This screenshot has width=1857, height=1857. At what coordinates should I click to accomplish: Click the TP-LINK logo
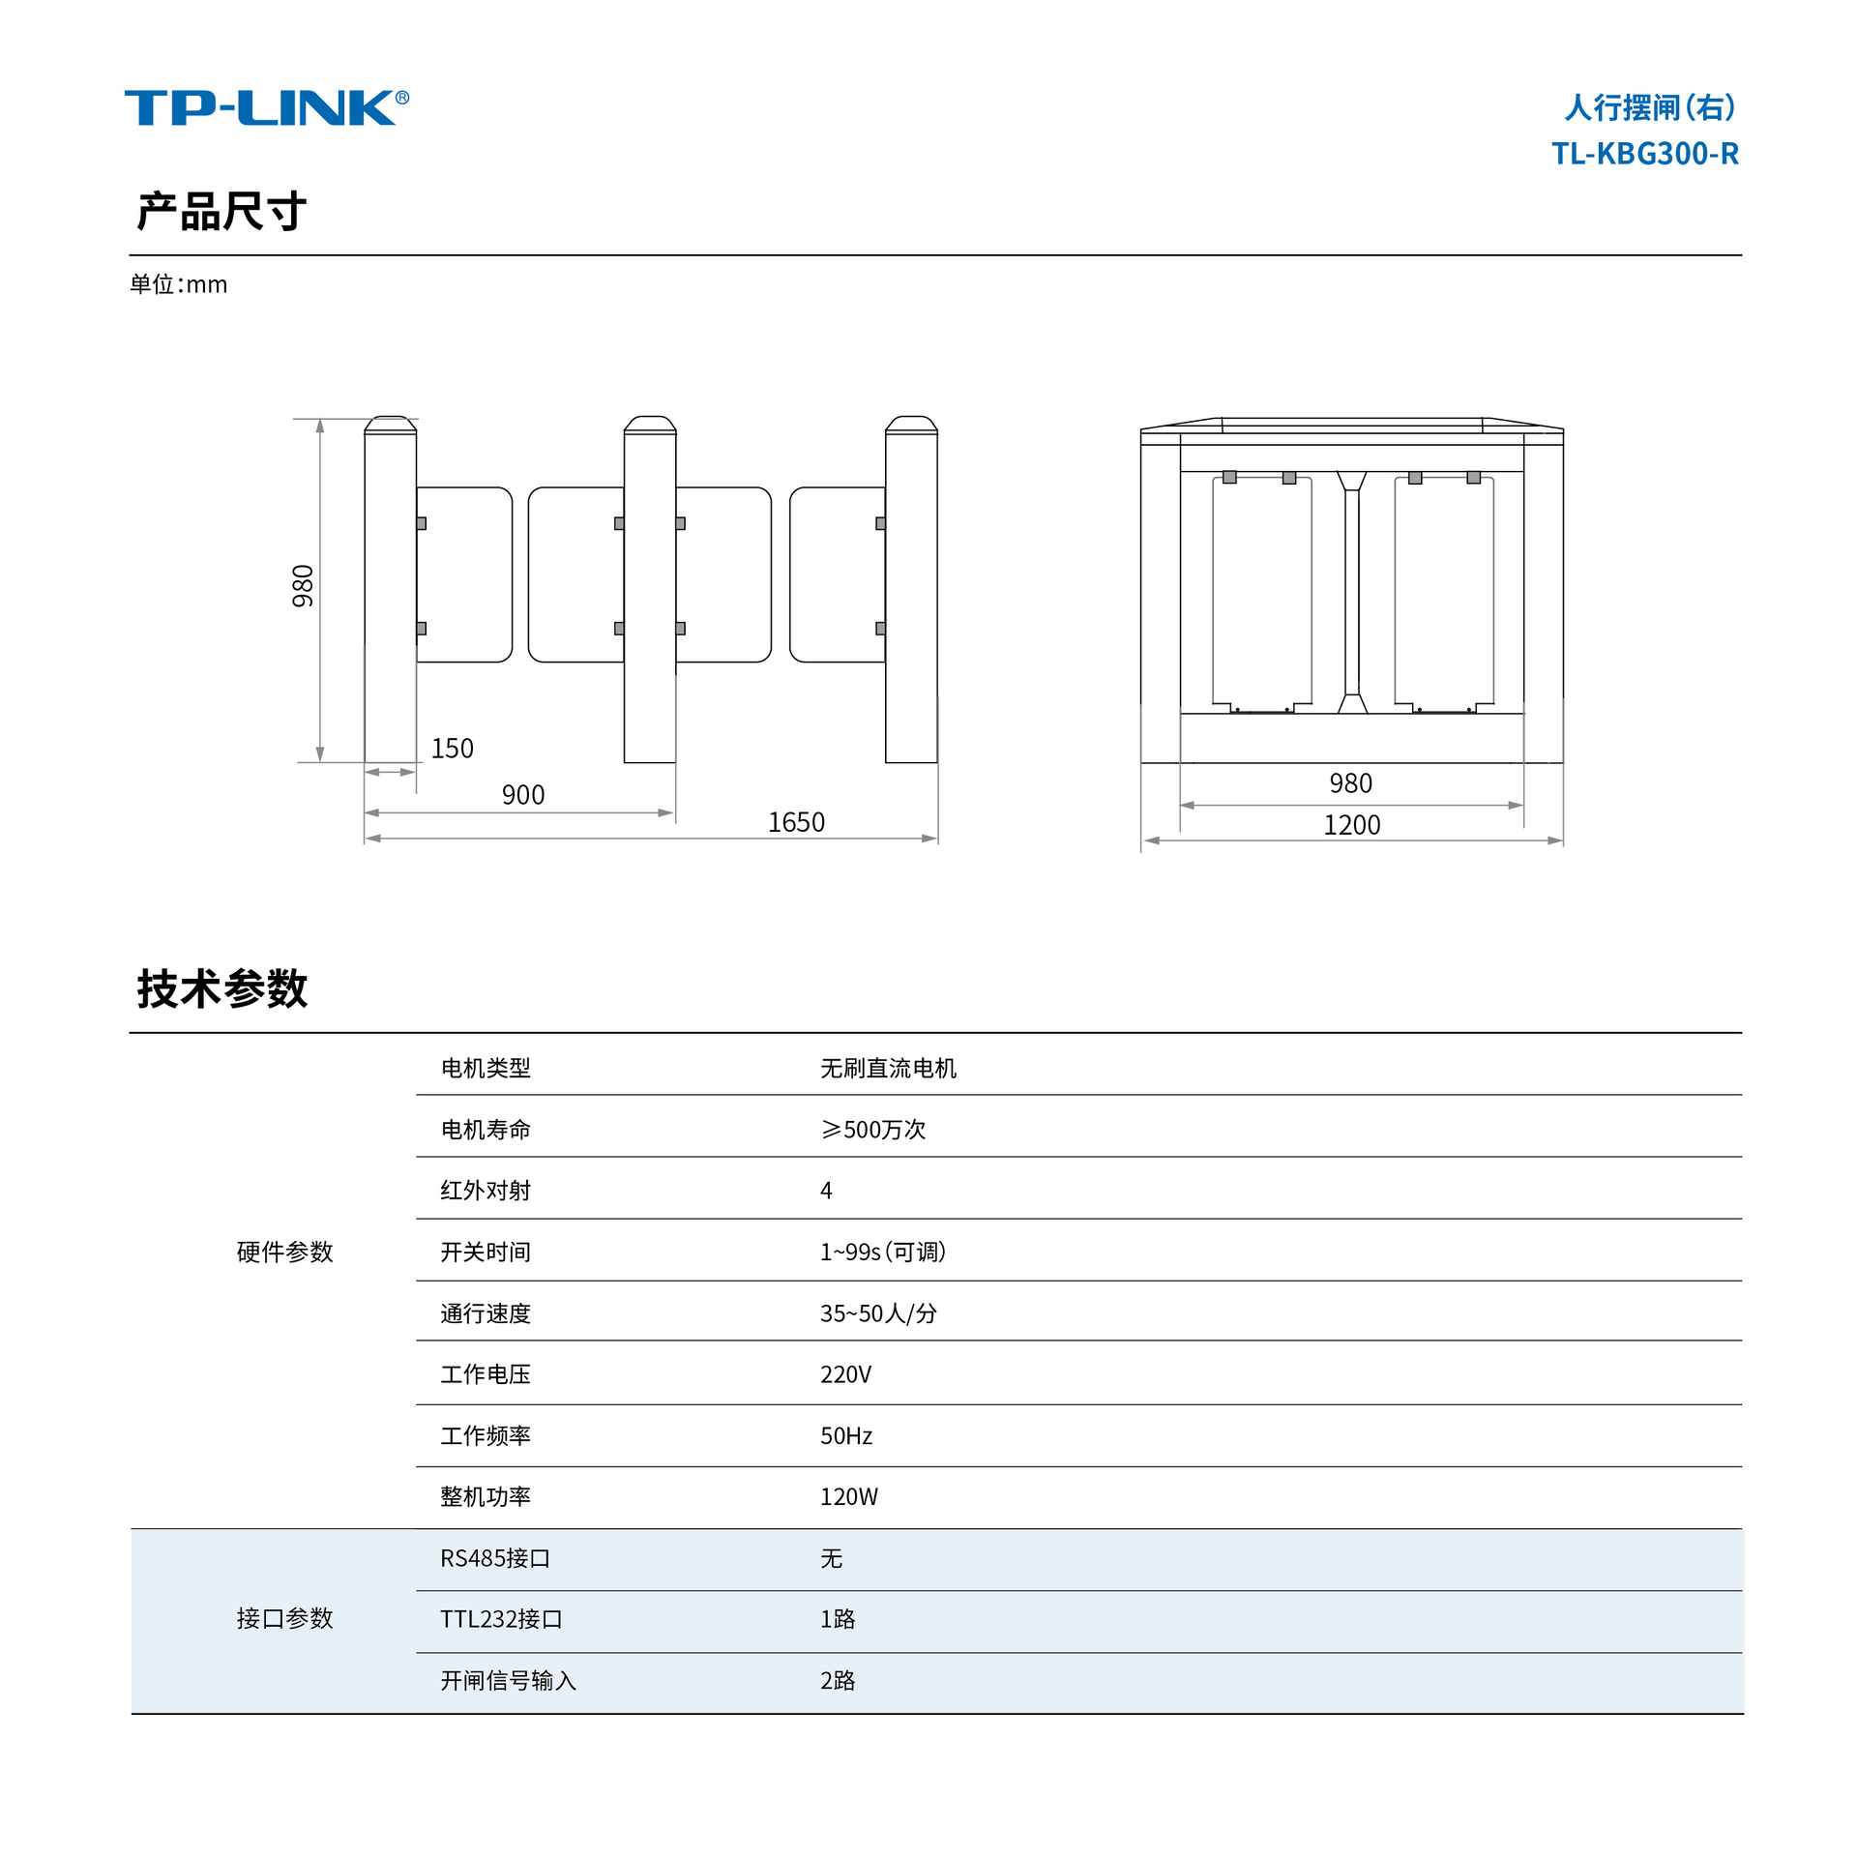(x=266, y=107)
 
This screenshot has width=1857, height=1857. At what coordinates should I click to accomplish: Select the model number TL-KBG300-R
(x=1644, y=154)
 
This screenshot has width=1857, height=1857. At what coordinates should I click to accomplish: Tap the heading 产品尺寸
(x=221, y=211)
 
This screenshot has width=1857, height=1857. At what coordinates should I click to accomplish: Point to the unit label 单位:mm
(x=179, y=284)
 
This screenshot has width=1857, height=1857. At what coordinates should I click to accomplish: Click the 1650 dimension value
(x=796, y=822)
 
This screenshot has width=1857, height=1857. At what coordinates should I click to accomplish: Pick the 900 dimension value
(x=523, y=795)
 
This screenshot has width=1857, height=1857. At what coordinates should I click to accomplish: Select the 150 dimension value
(x=452, y=749)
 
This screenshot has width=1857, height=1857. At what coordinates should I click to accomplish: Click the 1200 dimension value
(x=1351, y=825)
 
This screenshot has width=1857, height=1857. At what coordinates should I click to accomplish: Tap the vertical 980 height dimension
(x=303, y=586)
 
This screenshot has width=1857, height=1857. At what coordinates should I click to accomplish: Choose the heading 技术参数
(x=221, y=988)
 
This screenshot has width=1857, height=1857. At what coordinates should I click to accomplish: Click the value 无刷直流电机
(x=888, y=1068)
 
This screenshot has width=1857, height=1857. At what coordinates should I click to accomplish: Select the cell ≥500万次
(x=872, y=1130)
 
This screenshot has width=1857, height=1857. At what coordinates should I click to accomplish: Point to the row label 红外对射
(x=486, y=1191)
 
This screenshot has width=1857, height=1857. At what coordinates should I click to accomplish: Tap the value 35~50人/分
(x=878, y=1313)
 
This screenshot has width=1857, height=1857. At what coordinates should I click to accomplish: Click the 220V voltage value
(x=845, y=1374)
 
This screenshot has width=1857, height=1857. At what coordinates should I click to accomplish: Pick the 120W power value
(x=848, y=1497)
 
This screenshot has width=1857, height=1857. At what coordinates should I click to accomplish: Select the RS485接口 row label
(x=495, y=1558)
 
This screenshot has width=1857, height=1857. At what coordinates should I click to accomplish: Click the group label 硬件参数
(x=284, y=1252)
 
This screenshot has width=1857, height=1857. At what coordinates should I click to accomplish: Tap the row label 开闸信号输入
(x=508, y=1681)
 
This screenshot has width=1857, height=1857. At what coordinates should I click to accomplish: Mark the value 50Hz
(x=846, y=1436)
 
